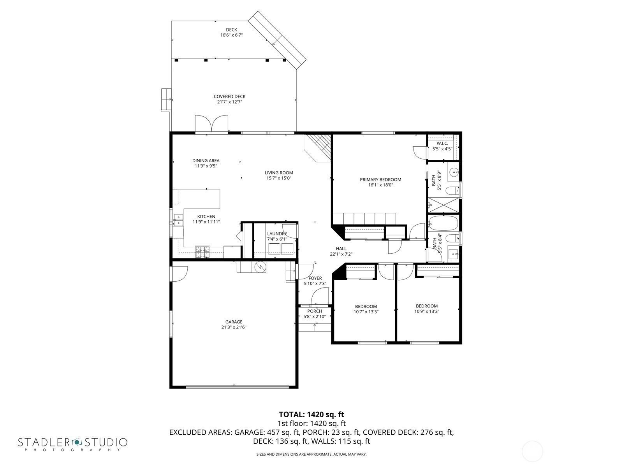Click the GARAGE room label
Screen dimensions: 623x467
(x=234, y=322)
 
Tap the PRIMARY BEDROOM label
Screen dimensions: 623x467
(x=380, y=179)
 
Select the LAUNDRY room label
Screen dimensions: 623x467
(x=277, y=233)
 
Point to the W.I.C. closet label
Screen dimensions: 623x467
(x=442, y=144)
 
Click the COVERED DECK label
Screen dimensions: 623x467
(x=230, y=97)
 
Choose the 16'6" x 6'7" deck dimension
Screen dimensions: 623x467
(x=231, y=35)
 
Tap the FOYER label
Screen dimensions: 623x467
(x=315, y=278)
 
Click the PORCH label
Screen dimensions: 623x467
(x=315, y=311)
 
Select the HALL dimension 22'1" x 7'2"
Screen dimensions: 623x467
(x=341, y=254)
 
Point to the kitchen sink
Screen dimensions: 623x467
(x=178, y=220)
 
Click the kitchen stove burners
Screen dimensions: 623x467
(x=202, y=252)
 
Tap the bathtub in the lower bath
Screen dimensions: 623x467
(x=443, y=223)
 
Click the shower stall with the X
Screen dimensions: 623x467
(x=443, y=205)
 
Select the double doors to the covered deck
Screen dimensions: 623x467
(x=211, y=123)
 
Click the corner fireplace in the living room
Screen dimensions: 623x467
(x=318, y=148)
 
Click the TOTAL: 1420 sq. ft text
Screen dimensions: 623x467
(x=311, y=414)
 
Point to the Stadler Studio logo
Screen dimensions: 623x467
(x=73, y=444)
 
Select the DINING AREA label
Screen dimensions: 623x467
(x=206, y=161)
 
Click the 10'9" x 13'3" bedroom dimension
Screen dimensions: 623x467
(x=427, y=311)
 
